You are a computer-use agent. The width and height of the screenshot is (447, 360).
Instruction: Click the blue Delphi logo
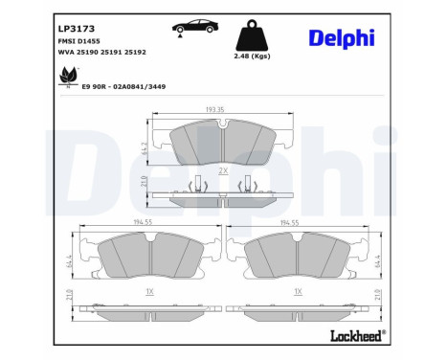(342, 37)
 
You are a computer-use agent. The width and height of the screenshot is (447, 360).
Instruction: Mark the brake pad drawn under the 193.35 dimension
(222, 144)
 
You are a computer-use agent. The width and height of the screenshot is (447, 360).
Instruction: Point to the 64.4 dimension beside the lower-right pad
(381, 260)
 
